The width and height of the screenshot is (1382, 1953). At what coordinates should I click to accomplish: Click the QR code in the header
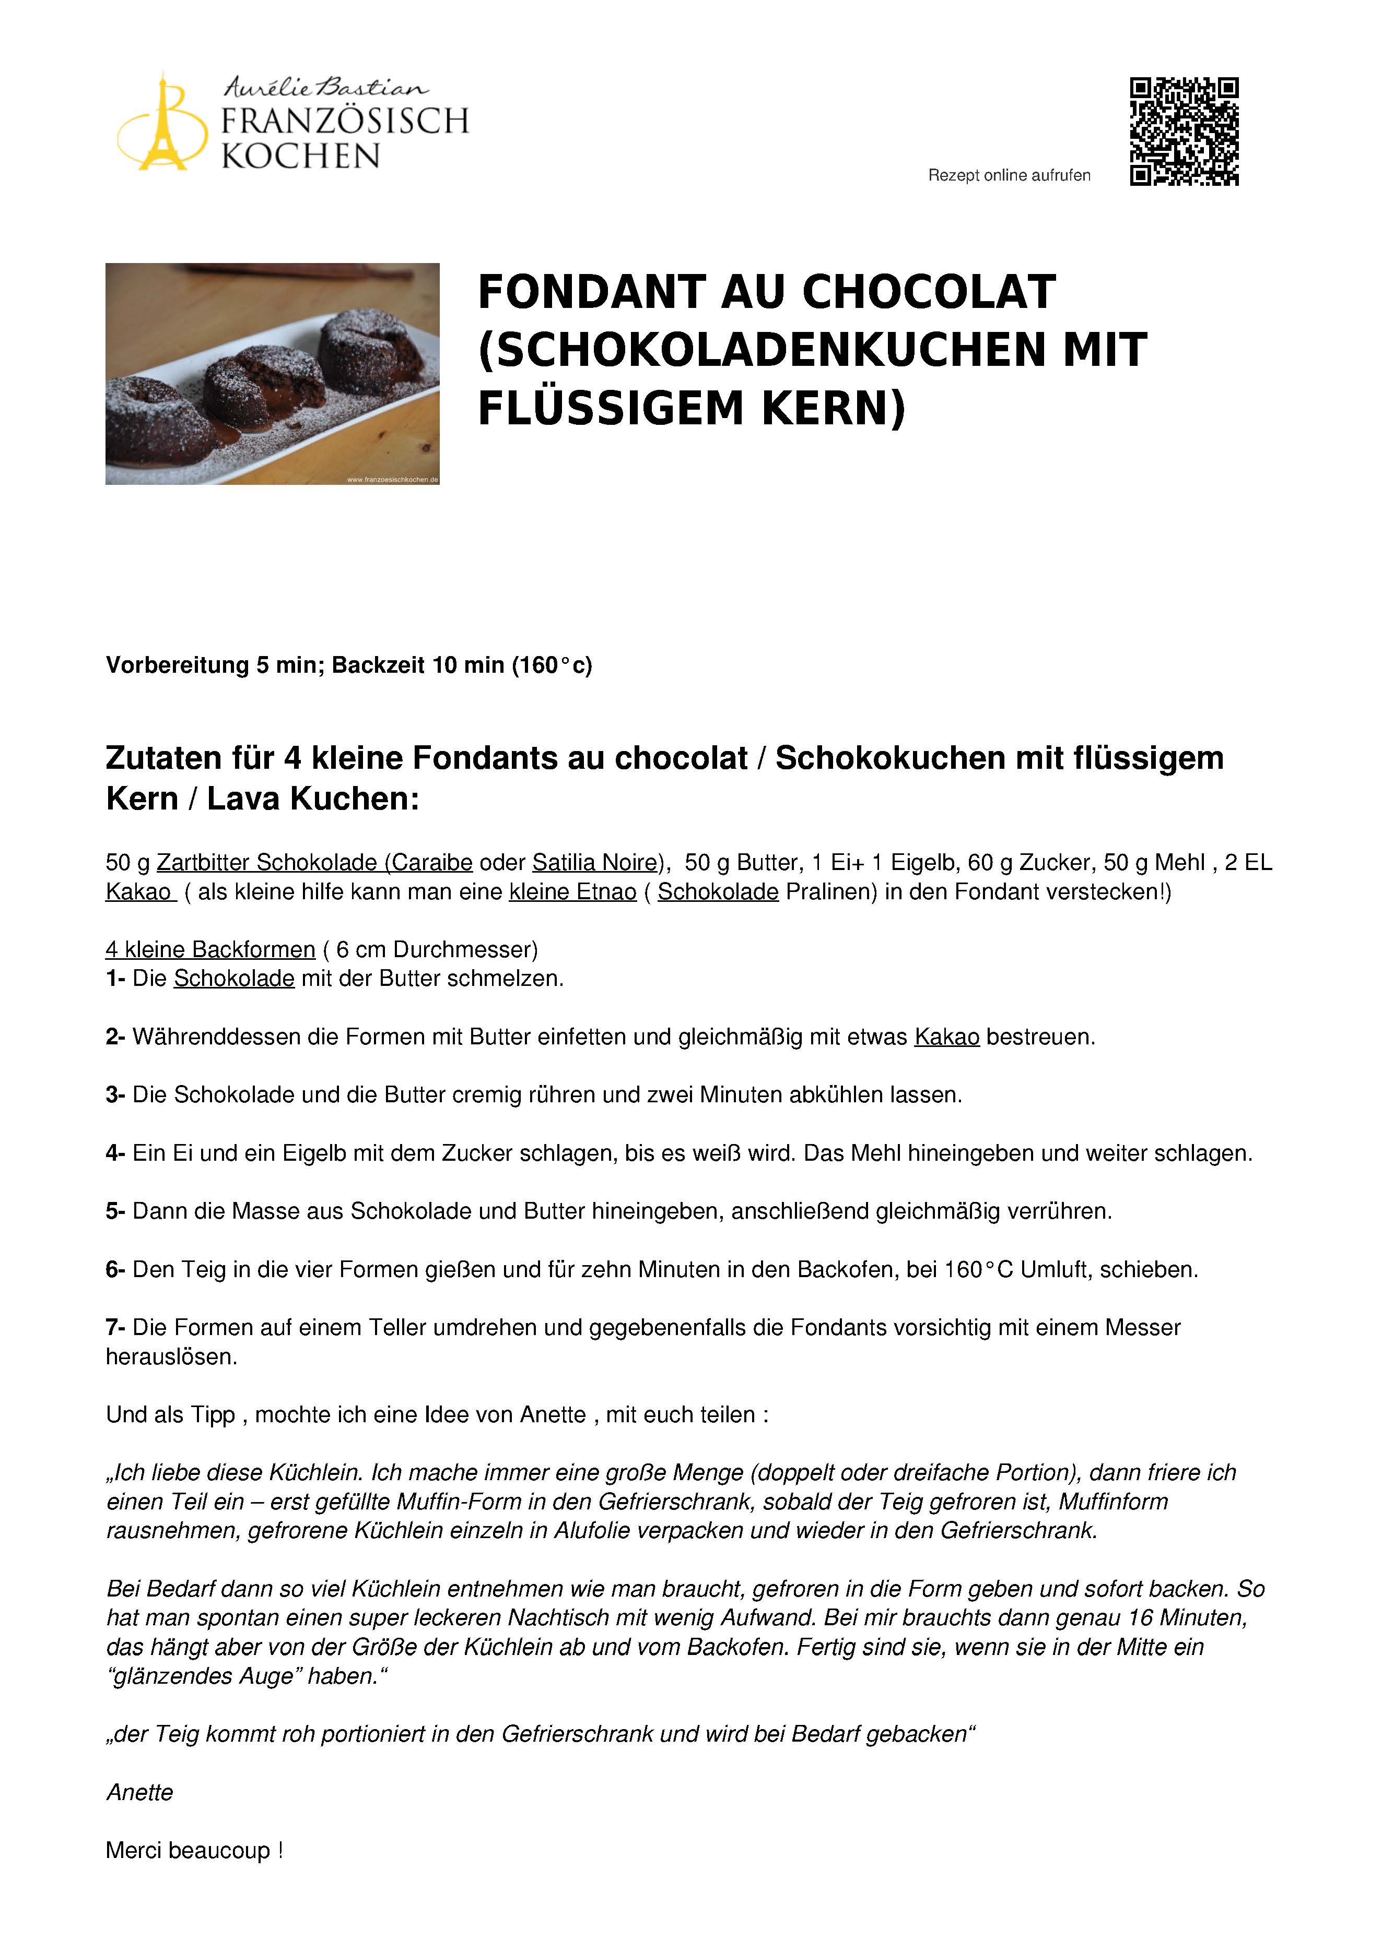click(x=1184, y=132)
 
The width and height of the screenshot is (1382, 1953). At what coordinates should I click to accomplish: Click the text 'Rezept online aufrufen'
click(x=1009, y=175)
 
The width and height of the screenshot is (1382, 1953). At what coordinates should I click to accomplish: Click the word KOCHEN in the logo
click(x=300, y=157)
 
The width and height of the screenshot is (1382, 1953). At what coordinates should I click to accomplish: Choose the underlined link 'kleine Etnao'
click(x=573, y=892)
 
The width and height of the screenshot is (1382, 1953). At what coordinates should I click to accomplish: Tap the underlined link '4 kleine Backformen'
click(x=210, y=949)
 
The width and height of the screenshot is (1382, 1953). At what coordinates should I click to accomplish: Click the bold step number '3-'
click(x=116, y=1095)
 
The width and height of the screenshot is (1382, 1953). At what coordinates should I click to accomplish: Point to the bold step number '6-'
click(x=116, y=1270)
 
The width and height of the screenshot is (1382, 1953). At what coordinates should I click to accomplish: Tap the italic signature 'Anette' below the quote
click(x=139, y=1793)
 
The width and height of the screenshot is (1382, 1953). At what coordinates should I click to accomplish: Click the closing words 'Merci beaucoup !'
click(x=194, y=1851)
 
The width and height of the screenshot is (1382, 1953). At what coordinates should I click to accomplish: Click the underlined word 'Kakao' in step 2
click(x=946, y=1038)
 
